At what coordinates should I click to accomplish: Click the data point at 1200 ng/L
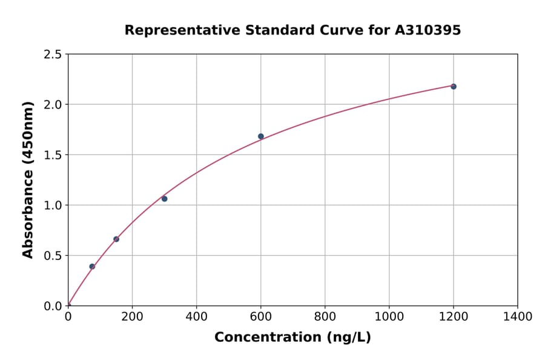tap(453, 87)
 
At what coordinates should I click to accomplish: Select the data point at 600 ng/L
tap(261, 136)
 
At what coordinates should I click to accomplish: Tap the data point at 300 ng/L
tap(164, 199)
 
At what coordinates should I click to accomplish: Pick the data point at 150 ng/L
tap(116, 239)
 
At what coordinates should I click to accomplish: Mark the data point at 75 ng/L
tap(92, 267)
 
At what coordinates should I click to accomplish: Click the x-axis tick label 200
tap(132, 317)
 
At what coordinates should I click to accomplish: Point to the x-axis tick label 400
tap(196, 317)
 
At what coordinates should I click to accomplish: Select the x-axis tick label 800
tap(325, 317)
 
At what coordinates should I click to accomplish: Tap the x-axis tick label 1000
tap(389, 317)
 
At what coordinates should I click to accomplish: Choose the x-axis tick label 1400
tap(517, 317)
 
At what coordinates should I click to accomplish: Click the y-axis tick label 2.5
tap(53, 55)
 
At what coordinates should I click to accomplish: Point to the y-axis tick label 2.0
tap(53, 105)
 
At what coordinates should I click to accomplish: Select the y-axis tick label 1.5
tap(53, 155)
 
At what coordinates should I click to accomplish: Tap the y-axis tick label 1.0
tap(53, 205)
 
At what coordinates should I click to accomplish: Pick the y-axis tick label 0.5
tap(53, 256)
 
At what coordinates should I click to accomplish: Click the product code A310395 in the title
tap(428, 30)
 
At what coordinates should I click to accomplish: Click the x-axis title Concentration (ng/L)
tap(292, 338)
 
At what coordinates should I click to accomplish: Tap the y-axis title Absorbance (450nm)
tap(28, 180)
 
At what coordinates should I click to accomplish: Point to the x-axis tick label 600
tap(260, 317)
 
